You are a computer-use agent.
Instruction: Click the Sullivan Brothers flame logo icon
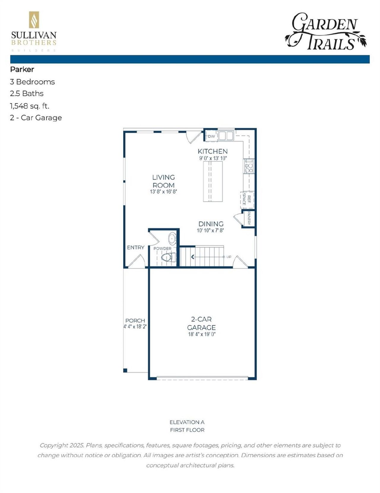click(34, 20)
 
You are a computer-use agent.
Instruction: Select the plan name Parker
click(22, 69)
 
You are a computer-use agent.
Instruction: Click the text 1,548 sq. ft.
click(29, 106)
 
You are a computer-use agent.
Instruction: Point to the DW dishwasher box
click(211, 136)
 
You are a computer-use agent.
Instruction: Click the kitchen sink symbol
click(226, 136)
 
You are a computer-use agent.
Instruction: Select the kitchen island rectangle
click(213, 181)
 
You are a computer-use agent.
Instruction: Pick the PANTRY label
click(249, 218)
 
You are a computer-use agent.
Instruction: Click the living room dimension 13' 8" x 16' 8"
click(163, 192)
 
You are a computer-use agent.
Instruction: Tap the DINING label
click(211, 224)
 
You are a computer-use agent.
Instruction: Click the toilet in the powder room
click(168, 257)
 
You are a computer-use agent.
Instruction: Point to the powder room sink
click(172, 239)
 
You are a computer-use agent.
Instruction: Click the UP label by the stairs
click(229, 257)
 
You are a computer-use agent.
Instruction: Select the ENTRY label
click(135, 247)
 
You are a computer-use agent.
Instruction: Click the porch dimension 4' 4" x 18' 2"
click(135, 326)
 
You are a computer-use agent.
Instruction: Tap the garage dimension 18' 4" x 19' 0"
click(202, 334)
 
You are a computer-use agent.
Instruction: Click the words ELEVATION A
click(187, 422)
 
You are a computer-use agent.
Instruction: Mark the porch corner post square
click(125, 370)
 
